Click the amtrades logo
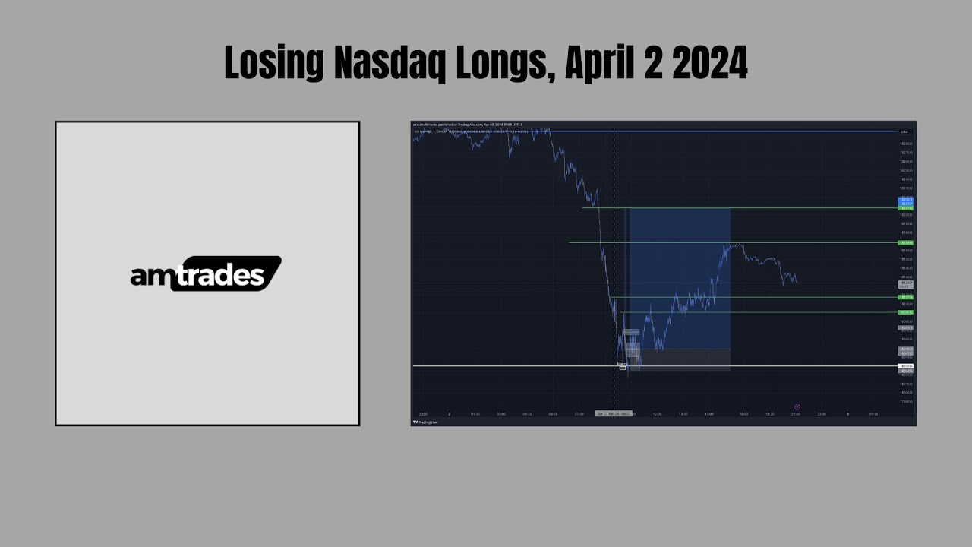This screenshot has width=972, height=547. tap(206, 273)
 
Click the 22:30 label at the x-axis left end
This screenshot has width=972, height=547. tap(423, 414)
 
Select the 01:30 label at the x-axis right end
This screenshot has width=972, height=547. tap(873, 414)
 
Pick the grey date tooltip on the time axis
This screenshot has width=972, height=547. tap(614, 414)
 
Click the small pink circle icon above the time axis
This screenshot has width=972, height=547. tap(797, 407)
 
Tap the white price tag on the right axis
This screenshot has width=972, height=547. tap(905, 366)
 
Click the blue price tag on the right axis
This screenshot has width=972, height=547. tap(905, 199)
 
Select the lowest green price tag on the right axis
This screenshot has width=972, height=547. tap(905, 312)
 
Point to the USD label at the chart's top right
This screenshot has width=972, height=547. tap(904, 131)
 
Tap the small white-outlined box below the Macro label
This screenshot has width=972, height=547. tap(623, 368)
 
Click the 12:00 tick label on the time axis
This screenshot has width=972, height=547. tap(657, 414)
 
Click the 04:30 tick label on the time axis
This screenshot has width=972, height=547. tap(527, 414)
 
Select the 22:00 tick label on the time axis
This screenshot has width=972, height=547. tap(821, 414)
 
